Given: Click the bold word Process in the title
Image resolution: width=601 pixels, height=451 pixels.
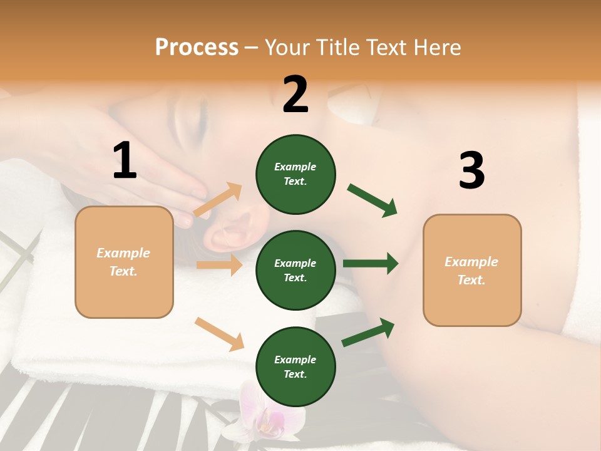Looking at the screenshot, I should [197, 48].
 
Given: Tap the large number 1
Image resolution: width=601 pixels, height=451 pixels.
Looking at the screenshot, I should [125, 160].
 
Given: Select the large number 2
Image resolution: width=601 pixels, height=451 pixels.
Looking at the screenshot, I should [295, 94].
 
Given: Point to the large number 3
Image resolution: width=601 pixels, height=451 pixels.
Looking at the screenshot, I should [471, 171].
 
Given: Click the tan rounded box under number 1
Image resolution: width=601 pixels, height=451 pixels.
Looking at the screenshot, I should [124, 262].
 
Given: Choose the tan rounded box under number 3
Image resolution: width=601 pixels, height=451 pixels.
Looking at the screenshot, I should [472, 270].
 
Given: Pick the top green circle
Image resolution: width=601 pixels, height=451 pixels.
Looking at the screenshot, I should [295, 174].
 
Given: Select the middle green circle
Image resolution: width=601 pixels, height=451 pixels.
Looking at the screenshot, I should [295, 270].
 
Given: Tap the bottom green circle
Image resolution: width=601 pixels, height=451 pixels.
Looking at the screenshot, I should [295, 366].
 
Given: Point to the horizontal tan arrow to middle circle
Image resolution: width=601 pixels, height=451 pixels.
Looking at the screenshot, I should [219, 265].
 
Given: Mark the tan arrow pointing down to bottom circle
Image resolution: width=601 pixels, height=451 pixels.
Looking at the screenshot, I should [219, 333].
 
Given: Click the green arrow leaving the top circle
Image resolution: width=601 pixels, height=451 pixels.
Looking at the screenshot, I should [372, 200].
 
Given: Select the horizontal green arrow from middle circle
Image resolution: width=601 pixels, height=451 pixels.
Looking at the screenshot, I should [371, 264].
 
